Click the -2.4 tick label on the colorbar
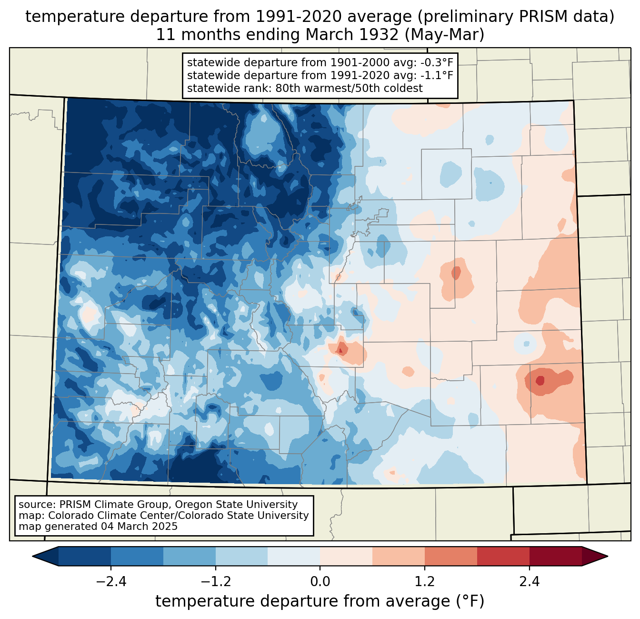click(x=110, y=582)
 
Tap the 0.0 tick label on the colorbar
click(x=320, y=582)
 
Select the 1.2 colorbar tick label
click(x=425, y=582)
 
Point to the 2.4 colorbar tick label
click(x=529, y=582)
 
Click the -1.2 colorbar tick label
click(x=215, y=582)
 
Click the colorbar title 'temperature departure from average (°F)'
click(x=320, y=601)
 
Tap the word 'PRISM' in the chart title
click(x=539, y=17)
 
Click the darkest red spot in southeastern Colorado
click(x=540, y=380)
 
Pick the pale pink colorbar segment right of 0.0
click(x=346, y=556)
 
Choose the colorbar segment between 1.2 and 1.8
click(x=451, y=556)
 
